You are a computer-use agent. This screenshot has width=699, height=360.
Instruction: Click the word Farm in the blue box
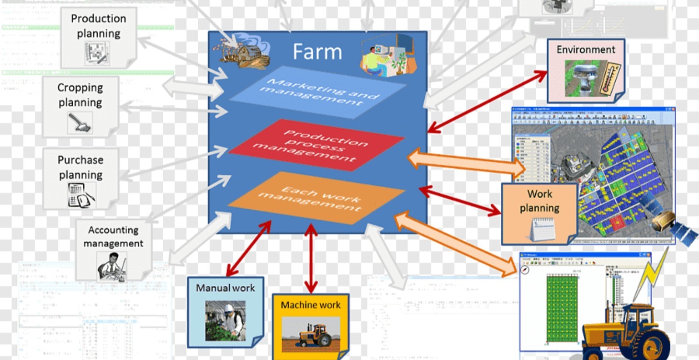pyautogui.click(x=317, y=52)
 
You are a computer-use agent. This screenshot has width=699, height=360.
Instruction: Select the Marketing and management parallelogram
pyautogui.click(x=317, y=91)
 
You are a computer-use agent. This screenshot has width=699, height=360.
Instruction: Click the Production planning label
pyautogui.click(x=99, y=26)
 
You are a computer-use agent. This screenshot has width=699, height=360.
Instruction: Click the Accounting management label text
pyautogui.click(x=113, y=236)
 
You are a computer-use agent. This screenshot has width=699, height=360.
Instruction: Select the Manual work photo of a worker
pyautogui.click(x=225, y=320)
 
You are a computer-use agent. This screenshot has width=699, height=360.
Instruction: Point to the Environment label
pyautogui.click(x=586, y=50)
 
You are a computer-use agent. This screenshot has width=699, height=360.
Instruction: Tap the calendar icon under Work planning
pyautogui.click(x=542, y=229)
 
